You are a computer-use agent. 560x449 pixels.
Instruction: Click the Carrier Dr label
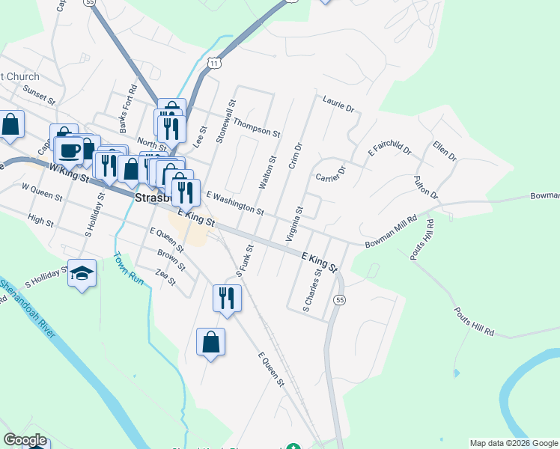pos(330,175)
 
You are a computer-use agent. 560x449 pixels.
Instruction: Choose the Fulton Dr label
pos(426,187)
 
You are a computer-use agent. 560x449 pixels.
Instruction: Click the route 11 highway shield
pos(215,64)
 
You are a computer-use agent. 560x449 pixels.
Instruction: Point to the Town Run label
pos(127,267)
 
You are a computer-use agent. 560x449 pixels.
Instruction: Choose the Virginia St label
pos(293,225)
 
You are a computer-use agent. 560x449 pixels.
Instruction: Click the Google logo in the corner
pos(25,440)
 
